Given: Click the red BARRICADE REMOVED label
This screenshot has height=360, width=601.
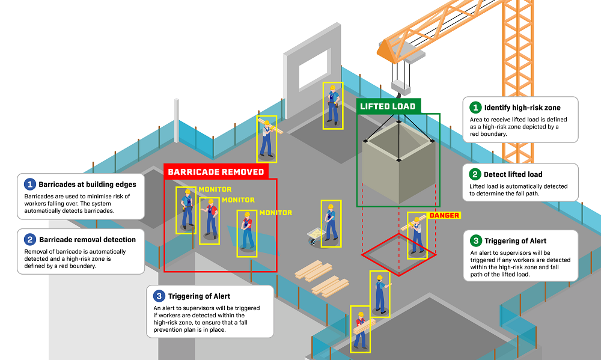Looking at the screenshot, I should pos(216,172).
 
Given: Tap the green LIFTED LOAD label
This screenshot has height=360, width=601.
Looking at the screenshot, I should pos(388,107).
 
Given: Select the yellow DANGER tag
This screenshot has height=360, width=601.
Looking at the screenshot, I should pos(444,215).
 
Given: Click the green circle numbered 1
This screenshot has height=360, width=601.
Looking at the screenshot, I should pos(475,108).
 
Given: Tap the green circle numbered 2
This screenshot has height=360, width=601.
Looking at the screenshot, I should pos(475,174).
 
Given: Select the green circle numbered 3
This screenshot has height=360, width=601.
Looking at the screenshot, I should pos(475,241).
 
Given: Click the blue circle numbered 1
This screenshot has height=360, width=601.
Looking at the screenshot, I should pos(29,184).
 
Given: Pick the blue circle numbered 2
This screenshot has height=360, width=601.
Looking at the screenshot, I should pos(29,239).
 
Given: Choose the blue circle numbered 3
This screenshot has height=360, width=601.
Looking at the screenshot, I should pos(159,296).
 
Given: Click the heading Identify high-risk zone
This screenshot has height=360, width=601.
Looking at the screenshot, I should pos(523,108).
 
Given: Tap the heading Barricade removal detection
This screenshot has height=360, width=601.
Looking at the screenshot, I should pos(87,239).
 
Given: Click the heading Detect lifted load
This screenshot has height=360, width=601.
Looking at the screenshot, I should pos(514,174).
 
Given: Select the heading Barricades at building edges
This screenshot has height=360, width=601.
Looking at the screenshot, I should pos(88,184).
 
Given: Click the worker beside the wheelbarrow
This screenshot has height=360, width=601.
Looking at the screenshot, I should pos(330,222).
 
